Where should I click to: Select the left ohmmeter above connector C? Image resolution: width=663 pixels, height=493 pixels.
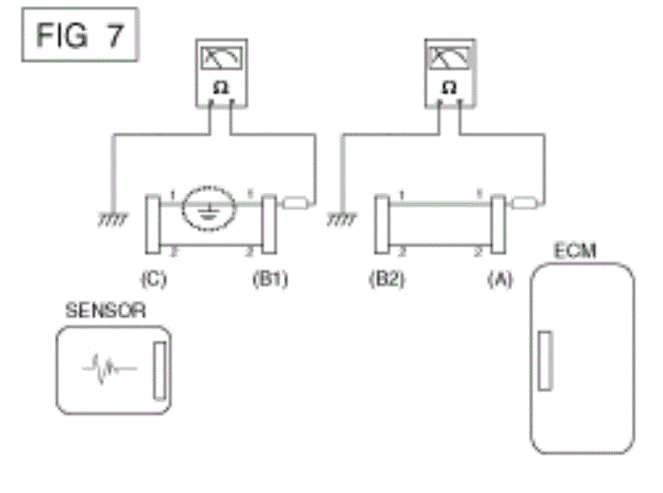(222, 77)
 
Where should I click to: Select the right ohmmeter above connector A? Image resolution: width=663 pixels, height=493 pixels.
(449, 77)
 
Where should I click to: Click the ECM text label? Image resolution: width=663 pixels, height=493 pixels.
(575, 250)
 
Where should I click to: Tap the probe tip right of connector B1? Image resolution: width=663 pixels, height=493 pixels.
(295, 202)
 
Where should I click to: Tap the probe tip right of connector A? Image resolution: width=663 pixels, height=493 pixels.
(524, 202)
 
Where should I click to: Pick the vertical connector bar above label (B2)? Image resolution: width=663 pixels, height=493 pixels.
(382, 224)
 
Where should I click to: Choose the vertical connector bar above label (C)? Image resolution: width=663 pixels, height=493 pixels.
(153, 224)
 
